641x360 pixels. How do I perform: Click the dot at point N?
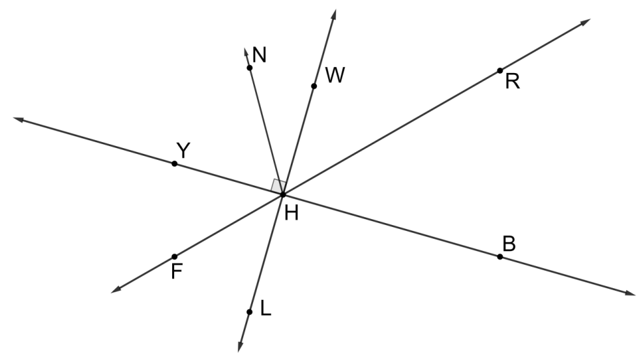249,67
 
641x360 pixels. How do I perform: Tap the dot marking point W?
314,86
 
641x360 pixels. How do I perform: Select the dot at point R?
499,70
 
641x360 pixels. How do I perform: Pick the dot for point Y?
174,163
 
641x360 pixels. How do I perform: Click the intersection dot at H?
282,194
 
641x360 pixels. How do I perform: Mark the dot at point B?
499,256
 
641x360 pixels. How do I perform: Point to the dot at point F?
174,256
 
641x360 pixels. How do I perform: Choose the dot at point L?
249,312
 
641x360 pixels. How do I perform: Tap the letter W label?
335,76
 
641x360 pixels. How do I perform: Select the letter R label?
513,83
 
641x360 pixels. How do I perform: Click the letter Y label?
183,151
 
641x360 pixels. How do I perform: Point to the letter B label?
509,243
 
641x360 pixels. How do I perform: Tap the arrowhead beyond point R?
586,22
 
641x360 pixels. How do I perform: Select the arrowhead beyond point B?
630,294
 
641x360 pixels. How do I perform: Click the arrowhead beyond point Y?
18,119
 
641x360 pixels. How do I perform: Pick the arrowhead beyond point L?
241,348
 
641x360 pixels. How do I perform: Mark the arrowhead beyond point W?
333,14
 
